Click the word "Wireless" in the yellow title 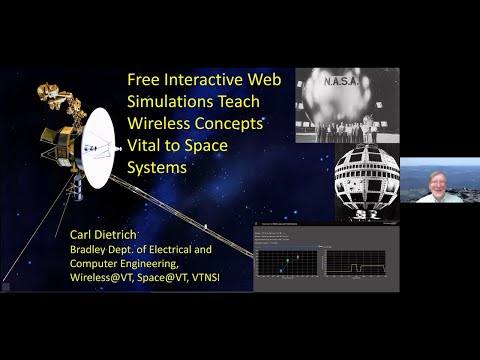click(x=163, y=125)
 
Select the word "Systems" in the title click(x=159, y=169)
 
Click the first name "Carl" click(x=83, y=236)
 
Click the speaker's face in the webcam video click(x=440, y=185)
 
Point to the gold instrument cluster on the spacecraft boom click(x=56, y=96)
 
